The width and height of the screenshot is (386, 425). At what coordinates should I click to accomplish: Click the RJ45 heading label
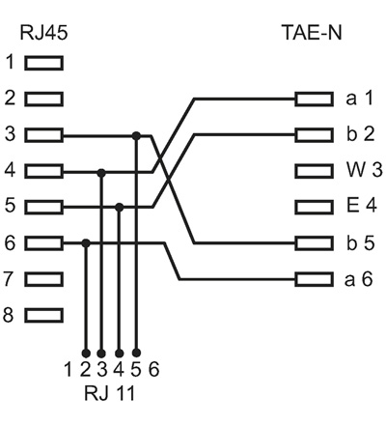click(x=38, y=33)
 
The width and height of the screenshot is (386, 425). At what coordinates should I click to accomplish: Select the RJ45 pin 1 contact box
click(x=43, y=64)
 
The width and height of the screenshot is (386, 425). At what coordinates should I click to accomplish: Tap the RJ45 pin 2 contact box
click(x=43, y=99)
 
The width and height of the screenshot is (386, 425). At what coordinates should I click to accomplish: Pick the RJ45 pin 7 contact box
click(x=43, y=278)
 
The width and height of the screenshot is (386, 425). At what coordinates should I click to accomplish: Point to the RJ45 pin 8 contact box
click(x=43, y=314)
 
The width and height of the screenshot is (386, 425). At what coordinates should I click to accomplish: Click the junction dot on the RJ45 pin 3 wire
click(x=136, y=135)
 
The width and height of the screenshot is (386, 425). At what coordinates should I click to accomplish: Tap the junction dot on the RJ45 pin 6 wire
click(x=85, y=242)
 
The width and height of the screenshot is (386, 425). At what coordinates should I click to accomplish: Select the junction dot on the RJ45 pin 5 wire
click(x=119, y=207)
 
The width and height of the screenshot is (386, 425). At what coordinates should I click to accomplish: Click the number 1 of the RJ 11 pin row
click(x=69, y=369)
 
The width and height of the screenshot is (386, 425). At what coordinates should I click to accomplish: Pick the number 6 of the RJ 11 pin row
click(x=154, y=369)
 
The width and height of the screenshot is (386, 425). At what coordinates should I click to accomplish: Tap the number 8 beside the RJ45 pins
click(x=11, y=314)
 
